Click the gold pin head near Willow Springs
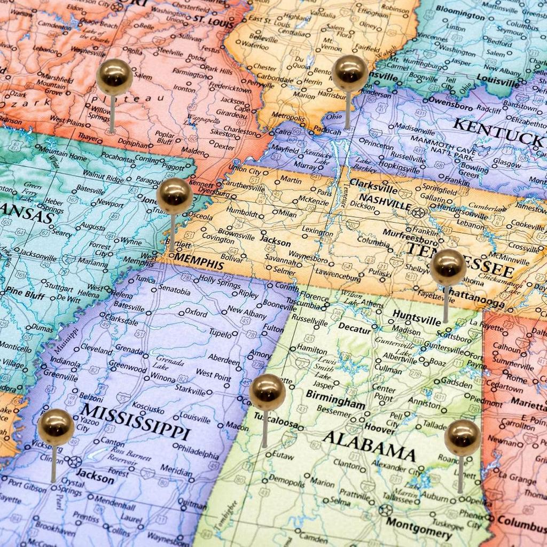point(114,77)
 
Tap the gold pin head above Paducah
point(349,73)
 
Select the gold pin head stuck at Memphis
point(175,196)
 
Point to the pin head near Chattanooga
point(448,267)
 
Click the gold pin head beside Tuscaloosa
point(267,392)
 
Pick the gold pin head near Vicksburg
point(56,427)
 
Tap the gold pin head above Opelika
point(462,437)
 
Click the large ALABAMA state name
point(369,445)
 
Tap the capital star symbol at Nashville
point(418,213)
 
